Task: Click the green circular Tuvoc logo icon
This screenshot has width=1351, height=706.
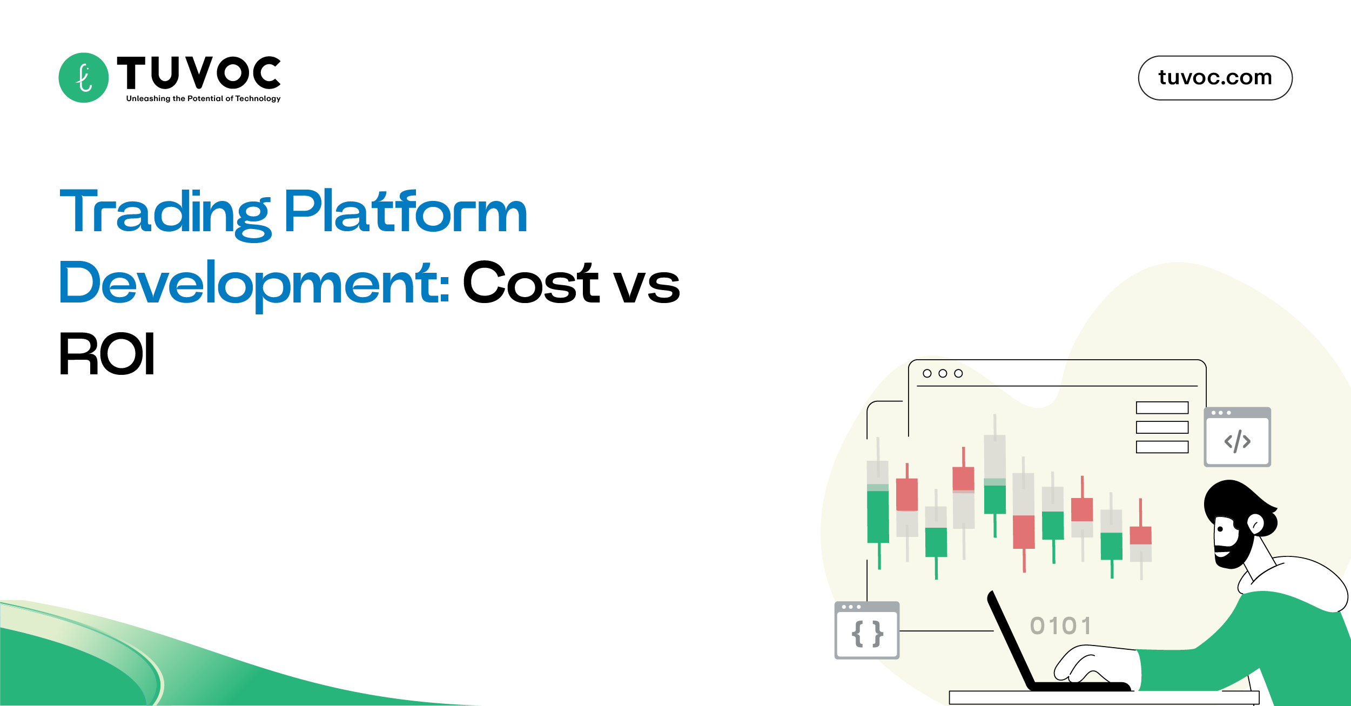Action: [x=83, y=78]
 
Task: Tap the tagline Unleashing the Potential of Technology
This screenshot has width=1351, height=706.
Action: [x=203, y=98]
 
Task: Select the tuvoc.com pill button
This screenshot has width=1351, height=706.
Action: [x=1215, y=78]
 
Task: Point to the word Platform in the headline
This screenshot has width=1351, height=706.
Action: [x=405, y=212]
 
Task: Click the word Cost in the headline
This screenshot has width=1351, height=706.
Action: [x=530, y=283]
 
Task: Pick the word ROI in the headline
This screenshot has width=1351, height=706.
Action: [x=107, y=354]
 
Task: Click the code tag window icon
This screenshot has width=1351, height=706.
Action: [x=1237, y=438]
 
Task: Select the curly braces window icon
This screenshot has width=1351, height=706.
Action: [x=867, y=630]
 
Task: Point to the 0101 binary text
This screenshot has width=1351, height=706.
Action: [x=1060, y=626]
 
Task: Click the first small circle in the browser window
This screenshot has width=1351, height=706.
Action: [x=927, y=373]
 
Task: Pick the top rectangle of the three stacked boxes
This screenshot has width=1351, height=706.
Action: [x=1162, y=407]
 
